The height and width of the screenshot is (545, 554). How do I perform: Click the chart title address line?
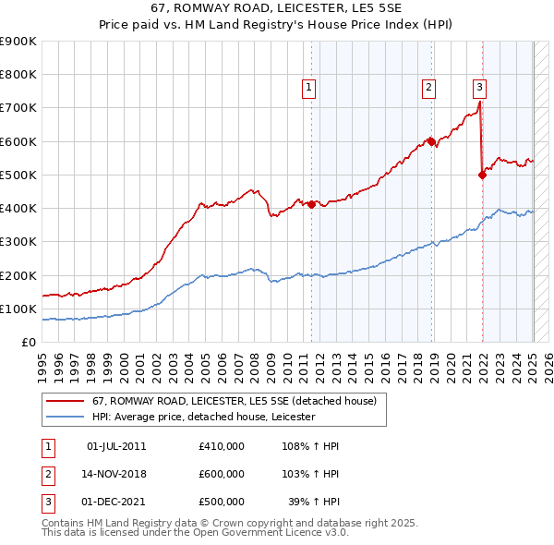click(x=276, y=8)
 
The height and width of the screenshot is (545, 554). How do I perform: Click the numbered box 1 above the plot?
click(x=308, y=89)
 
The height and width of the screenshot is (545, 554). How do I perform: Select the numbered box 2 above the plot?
click(x=429, y=89)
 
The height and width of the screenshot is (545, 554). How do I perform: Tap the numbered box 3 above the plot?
click(x=480, y=89)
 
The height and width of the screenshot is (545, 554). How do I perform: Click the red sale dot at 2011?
click(x=311, y=205)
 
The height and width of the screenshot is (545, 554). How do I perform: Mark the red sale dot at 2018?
click(x=431, y=141)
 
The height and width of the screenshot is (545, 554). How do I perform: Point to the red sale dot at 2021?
click(x=482, y=175)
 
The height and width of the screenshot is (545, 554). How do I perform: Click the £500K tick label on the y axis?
click(x=18, y=175)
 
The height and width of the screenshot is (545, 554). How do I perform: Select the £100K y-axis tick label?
click(x=18, y=309)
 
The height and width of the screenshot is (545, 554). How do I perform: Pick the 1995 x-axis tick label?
click(x=42, y=364)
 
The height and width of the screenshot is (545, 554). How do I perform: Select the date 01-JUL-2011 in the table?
click(x=116, y=446)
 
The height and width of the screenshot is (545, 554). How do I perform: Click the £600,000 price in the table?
click(x=222, y=474)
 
